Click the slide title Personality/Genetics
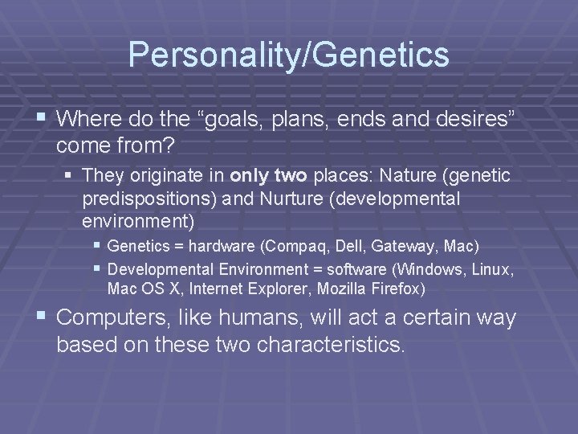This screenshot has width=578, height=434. tap(288, 55)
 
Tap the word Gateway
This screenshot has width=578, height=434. tap(403, 245)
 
